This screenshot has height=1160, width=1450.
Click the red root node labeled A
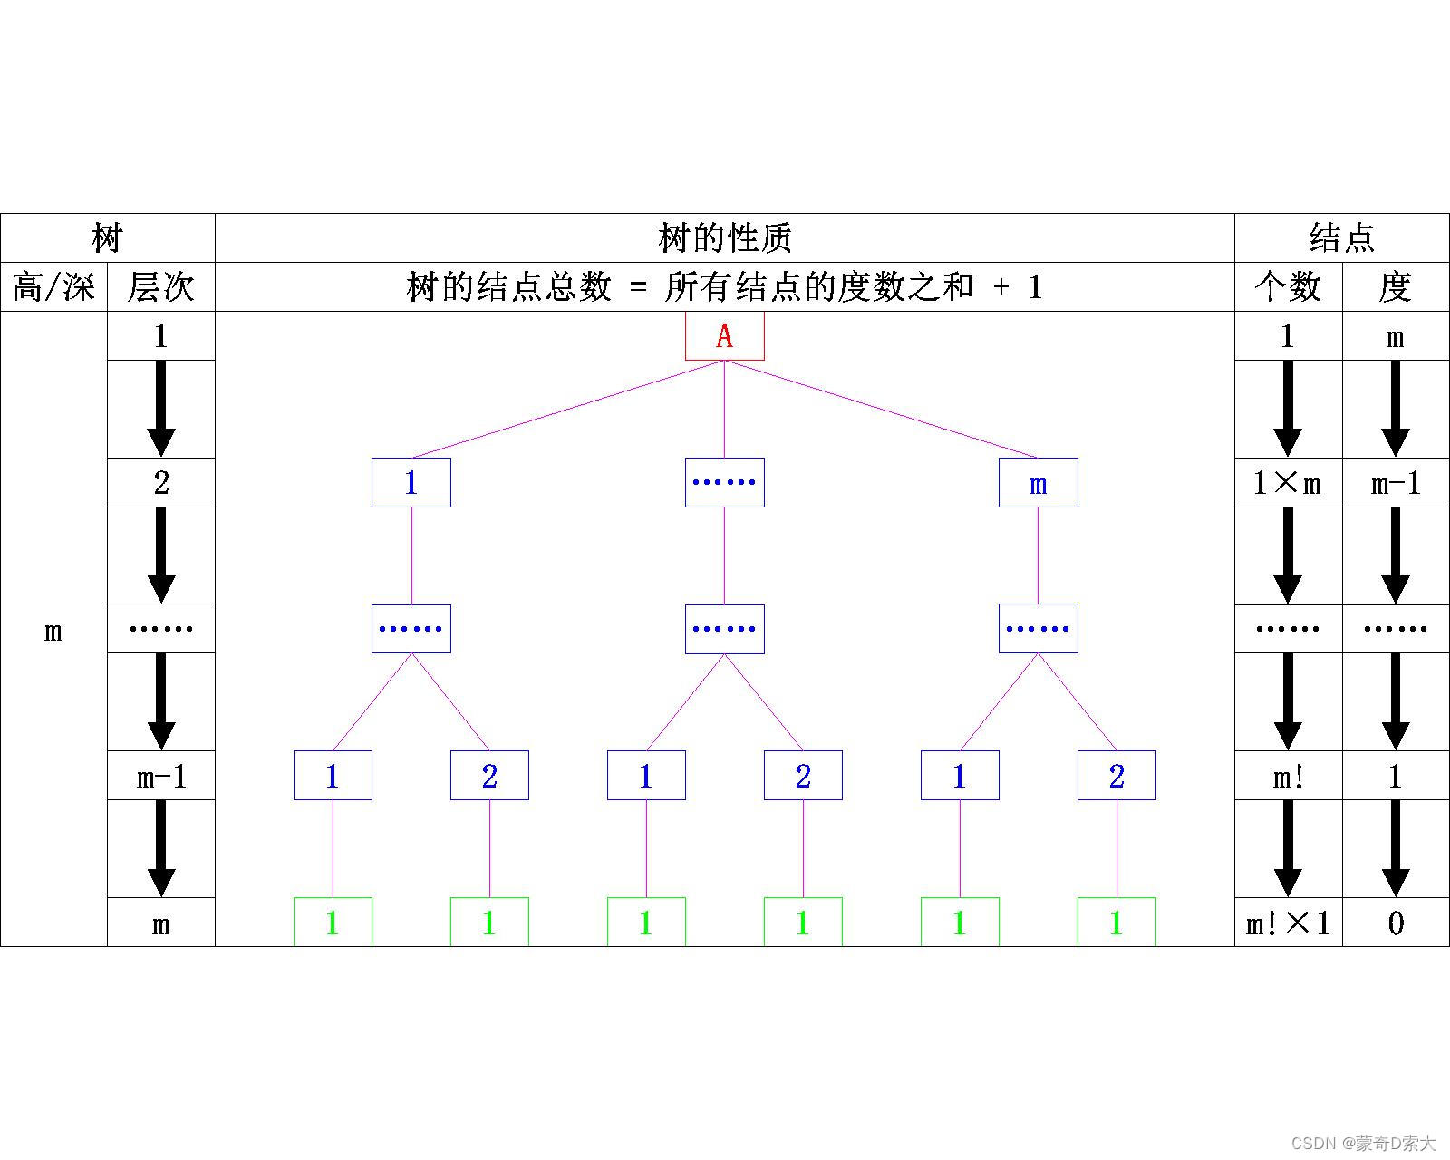(x=724, y=336)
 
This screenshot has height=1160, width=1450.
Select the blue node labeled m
(x=1038, y=483)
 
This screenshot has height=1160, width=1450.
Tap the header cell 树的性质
(x=724, y=238)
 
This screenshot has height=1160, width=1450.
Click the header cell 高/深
(x=53, y=287)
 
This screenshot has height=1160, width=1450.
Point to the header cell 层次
(x=160, y=287)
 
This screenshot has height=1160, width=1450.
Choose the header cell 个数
(x=1288, y=287)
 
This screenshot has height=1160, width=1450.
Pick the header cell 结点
(x=1341, y=238)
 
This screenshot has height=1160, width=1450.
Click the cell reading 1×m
(x=1288, y=483)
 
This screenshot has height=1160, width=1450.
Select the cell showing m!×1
(x=1288, y=923)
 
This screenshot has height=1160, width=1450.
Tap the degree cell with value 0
(x=1396, y=923)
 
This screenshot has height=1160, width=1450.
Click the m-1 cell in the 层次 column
(x=160, y=776)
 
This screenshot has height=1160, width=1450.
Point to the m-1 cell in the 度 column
(x=1396, y=483)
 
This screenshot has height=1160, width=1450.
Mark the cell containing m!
(x=1288, y=776)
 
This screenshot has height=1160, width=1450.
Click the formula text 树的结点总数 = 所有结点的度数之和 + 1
(x=724, y=287)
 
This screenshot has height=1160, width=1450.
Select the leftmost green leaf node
(x=333, y=922)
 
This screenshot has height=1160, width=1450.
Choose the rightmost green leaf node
(x=1116, y=922)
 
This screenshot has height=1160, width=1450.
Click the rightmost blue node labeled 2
(x=1116, y=776)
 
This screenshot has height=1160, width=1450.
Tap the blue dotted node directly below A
(x=724, y=483)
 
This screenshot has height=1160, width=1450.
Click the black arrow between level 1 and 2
(x=160, y=409)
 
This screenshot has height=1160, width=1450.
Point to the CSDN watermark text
(x=1363, y=1143)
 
